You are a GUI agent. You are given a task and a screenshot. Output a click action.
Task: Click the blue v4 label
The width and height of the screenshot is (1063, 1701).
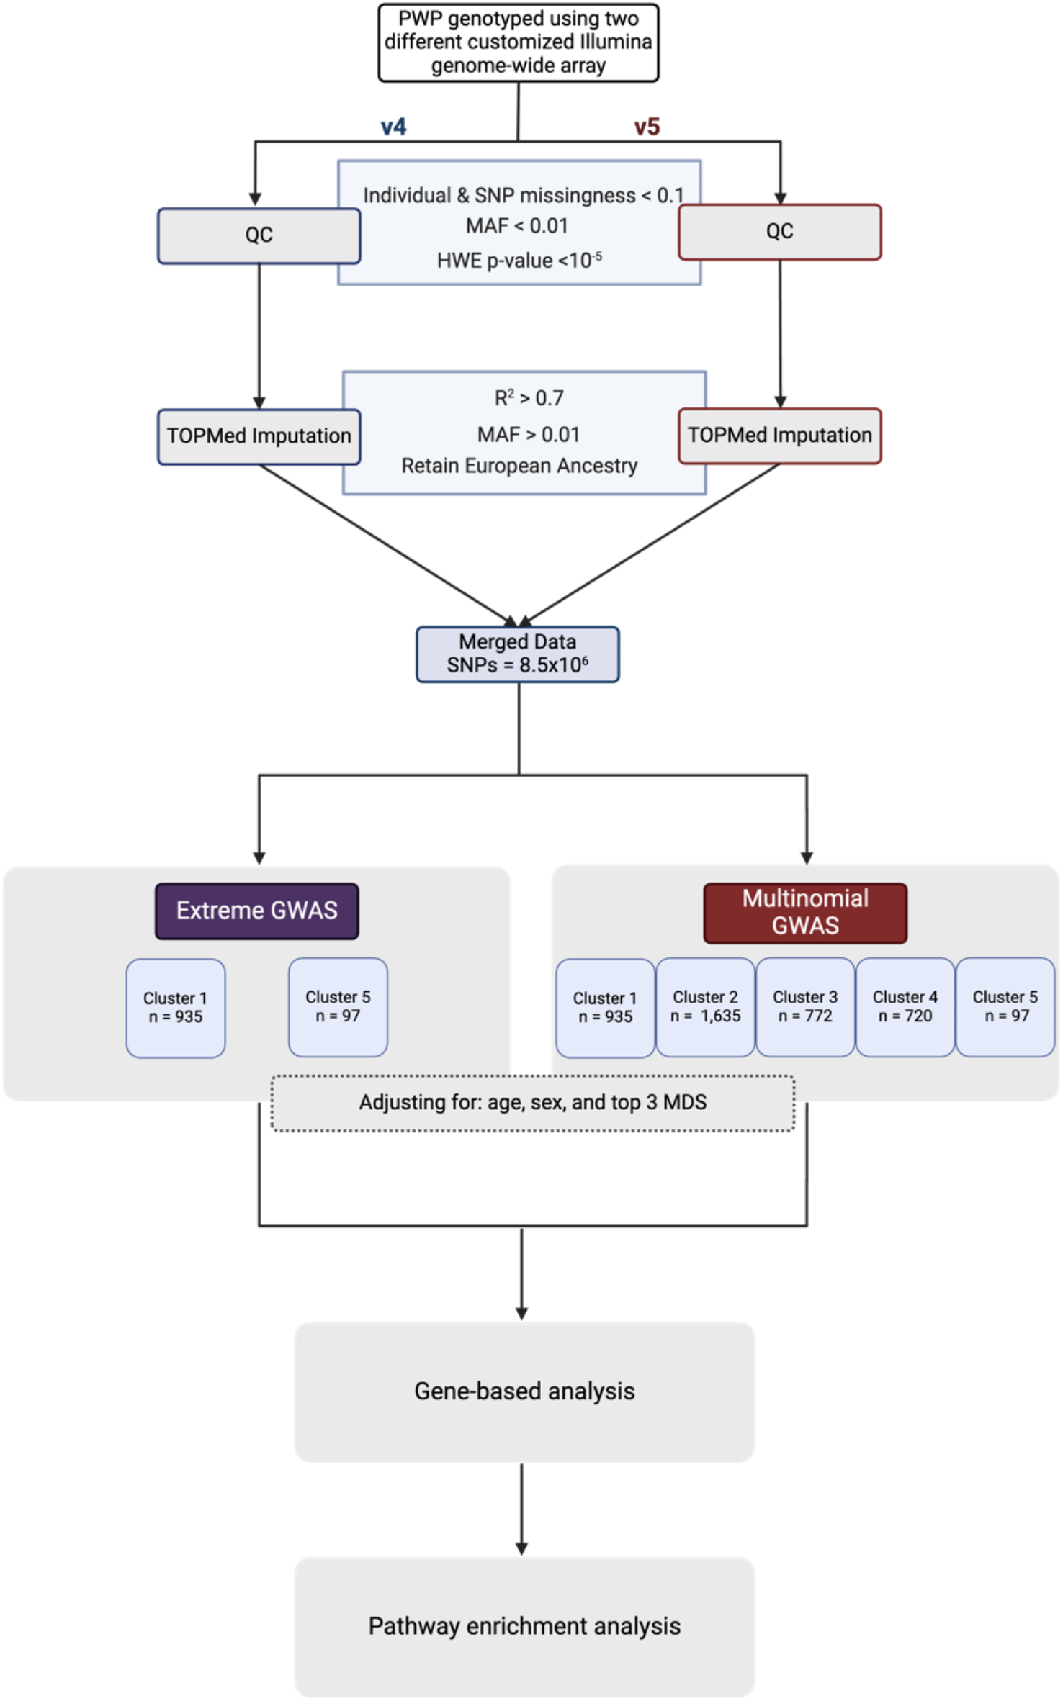point(393,127)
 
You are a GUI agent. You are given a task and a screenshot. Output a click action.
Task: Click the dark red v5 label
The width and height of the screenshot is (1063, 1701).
point(646,127)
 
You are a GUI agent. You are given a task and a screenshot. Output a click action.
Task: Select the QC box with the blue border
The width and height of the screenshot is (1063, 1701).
point(259,235)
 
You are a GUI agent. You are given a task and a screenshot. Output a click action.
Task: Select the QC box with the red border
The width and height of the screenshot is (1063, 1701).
point(779,232)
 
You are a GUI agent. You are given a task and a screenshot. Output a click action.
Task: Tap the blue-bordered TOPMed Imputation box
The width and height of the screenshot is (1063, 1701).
point(259,436)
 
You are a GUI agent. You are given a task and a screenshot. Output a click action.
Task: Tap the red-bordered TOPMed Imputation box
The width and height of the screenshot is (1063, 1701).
point(779,436)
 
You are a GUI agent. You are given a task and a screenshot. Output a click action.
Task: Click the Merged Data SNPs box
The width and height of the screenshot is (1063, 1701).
point(517,654)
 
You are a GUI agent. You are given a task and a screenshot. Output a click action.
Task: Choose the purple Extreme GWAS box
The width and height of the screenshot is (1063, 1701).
point(256,911)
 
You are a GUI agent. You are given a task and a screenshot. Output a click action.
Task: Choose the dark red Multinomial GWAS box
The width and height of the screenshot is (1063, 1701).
point(805,912)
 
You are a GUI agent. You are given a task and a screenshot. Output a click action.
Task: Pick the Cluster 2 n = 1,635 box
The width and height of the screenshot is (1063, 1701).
point(705,1006)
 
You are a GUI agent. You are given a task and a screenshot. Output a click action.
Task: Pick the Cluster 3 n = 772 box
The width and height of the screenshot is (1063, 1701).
point(805,1006)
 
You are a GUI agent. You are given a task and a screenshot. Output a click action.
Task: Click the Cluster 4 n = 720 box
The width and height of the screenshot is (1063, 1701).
point(905,1006)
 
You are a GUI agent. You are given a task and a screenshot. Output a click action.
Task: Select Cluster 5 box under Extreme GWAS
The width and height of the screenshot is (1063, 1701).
point(338,1006)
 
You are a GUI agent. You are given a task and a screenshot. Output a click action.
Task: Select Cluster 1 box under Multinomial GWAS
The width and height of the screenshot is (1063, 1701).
point(605,1007)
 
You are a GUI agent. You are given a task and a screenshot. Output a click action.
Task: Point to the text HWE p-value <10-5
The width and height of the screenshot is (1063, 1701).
point(519,260)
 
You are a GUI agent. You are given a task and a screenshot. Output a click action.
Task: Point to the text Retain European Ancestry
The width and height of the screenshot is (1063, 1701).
point(519,466)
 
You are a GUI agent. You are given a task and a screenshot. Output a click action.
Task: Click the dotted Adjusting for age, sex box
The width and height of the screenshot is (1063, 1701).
point(533,1103)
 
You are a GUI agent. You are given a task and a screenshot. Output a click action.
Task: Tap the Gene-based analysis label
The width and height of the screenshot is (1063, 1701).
point(524,1391)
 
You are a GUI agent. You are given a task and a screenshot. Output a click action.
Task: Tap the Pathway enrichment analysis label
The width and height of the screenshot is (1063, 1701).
point(524,1626)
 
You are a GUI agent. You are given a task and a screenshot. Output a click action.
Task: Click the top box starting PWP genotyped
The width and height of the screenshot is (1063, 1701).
point(518,42)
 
